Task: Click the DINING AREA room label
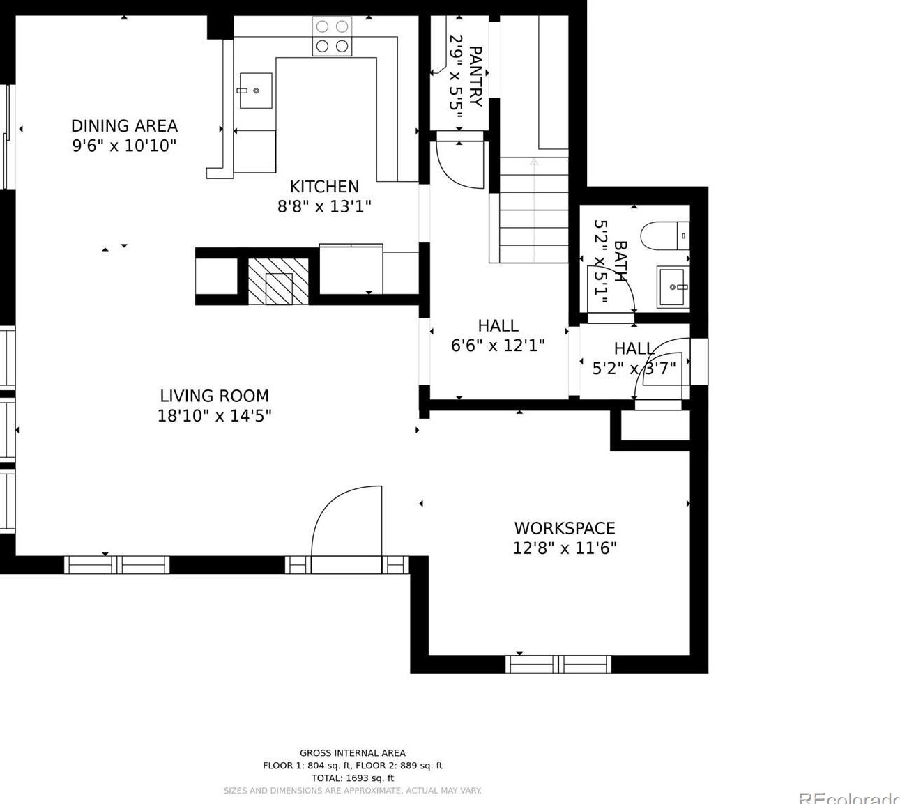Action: (x=124, y=126)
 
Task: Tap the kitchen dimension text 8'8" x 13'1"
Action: (x=324, y=206)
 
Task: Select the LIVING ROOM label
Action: (x=215, y=396)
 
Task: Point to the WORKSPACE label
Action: (x=565, y=528)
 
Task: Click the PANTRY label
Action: (x=475, y=77)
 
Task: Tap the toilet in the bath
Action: (x=665, y=235)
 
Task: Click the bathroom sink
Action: (x=673, y=287)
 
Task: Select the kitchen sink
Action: (x=256, y=91)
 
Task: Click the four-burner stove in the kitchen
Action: (x=332, y=36)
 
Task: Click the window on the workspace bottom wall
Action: (x=558, y=664)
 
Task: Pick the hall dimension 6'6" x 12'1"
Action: (x=498, y=346)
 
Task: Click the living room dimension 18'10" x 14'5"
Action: (x=215, y=416)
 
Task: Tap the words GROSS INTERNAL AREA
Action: (x=352, y=753)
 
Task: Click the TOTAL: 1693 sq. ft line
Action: (x=352, y=778)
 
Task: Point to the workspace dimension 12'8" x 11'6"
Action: (x=565, y=549)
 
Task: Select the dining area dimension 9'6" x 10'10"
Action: (x=124, y=146)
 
